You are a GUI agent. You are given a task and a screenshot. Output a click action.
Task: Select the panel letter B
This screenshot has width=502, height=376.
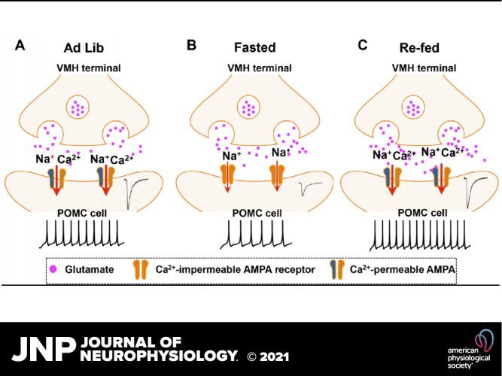[192, 46]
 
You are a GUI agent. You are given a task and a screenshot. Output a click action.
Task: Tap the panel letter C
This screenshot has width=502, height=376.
[363, 46]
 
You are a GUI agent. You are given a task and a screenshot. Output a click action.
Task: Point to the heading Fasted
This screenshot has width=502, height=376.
[251, 47]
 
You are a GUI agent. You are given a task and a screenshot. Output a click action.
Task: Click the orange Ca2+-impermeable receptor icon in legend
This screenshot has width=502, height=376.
[140, 268]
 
